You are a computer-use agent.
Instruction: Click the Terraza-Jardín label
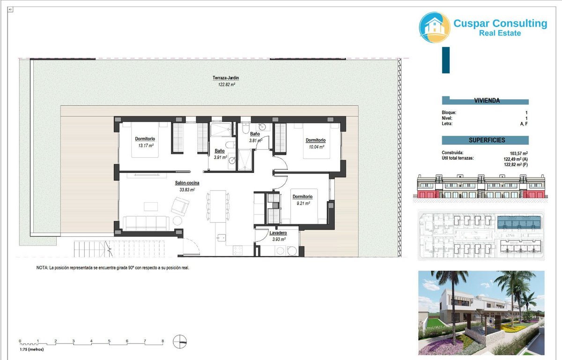coord(226,78)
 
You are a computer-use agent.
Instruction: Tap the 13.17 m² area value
coord(146,146)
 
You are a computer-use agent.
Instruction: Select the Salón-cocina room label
coord(187,183)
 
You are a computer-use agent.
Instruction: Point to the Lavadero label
coord(278,233)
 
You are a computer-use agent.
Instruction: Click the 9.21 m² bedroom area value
coord(303,203)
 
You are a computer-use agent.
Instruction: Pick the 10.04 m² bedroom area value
coord(316,147)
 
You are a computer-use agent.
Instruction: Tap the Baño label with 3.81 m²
coord(255,134)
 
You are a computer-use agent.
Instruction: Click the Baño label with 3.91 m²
coord(220,151)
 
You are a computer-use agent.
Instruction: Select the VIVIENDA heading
coord(487,101)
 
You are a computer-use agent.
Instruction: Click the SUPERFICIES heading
coord(487,140)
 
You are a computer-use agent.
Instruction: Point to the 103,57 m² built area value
coord(518,153)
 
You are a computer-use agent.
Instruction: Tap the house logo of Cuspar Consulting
coord(434,27)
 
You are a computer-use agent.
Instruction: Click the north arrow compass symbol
coord(180,341)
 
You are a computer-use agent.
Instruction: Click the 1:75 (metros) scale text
coord(32,349)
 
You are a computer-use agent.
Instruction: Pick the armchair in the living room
coord(180,206)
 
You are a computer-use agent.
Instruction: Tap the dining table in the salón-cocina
coord(218,206)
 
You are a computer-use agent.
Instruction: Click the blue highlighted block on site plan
coord(519,222)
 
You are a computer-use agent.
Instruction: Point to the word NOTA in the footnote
coord(42,268)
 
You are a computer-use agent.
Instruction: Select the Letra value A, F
coord(524,124)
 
